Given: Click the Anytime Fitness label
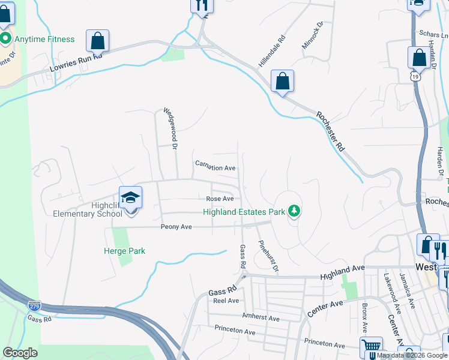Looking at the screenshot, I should pos(44,40).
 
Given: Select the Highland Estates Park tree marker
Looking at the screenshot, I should pos(294,211).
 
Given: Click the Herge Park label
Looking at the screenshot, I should pos(125,251).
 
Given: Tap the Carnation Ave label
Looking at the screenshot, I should pos(215,169).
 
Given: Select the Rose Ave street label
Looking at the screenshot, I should pos(219,199).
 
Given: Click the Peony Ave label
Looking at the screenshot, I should pos(176,227).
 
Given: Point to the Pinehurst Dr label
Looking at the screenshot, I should pos(268,256).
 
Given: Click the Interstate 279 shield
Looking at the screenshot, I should pos(35,306).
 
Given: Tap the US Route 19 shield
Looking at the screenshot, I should pos(415,77).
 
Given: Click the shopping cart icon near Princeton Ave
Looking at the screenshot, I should pos(371,347).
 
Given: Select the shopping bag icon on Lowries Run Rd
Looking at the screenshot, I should pos(97,41).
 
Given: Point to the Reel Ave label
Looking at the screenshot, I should pos(227,301).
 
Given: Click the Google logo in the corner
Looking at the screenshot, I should pos(20,353).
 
